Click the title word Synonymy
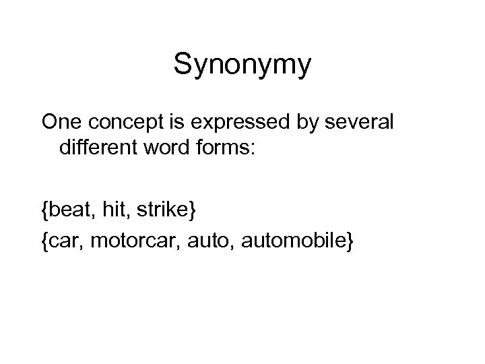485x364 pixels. (243, 65)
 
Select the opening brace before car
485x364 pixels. (44, 240)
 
